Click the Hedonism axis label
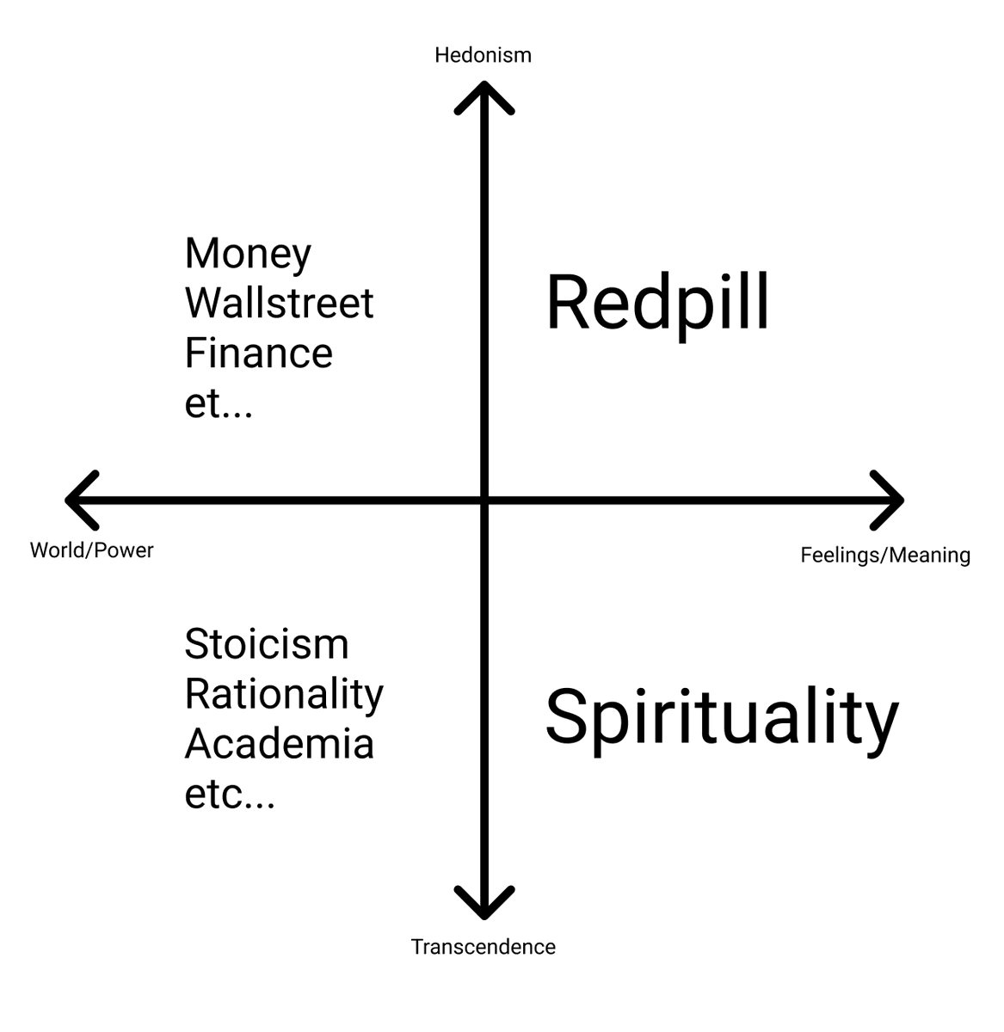[483, 55]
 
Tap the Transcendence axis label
[483, 947]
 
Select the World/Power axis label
[92, 550]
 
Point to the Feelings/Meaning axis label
[885, 556]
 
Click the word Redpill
[657, 303]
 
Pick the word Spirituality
[721, 718]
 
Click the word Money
[248, 253]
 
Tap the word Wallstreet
[279, 303]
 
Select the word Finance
[258, 353]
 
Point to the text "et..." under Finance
[219, 402]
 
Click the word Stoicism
[266, 644]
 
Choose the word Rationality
[283, 694]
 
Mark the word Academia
[279, 744]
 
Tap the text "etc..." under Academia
[230, 795]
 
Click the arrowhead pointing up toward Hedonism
[484, 90]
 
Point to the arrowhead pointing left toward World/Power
[76, 500]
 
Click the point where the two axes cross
[484, 500]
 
